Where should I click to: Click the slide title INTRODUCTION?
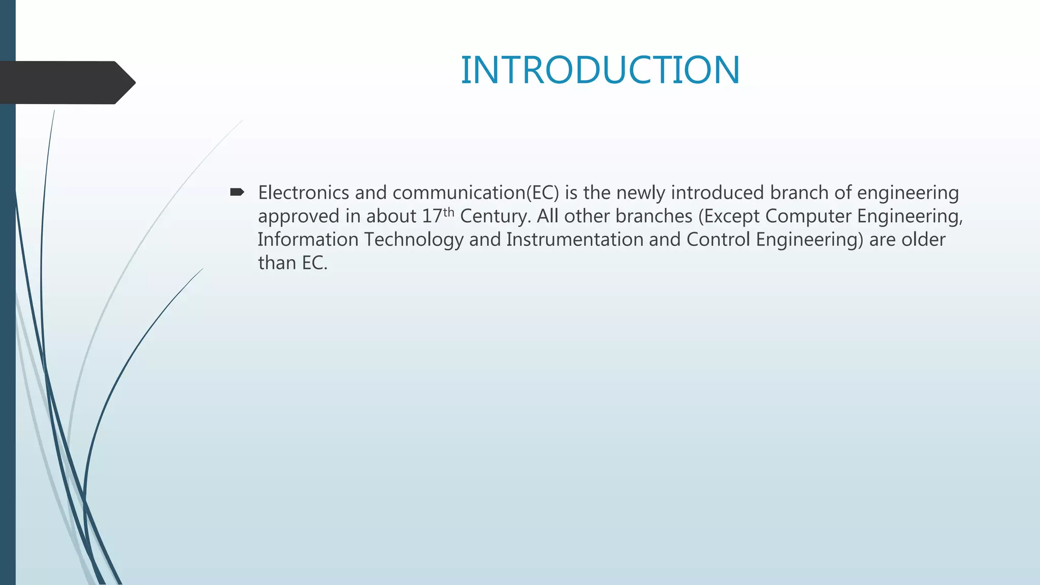coord(600,70)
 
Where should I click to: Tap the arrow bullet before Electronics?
coord(237,192)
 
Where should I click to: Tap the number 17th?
coord(438,215)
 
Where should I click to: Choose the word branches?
coord(654,216)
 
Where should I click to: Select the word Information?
coord(308,240)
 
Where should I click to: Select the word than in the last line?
coord(277,263)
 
